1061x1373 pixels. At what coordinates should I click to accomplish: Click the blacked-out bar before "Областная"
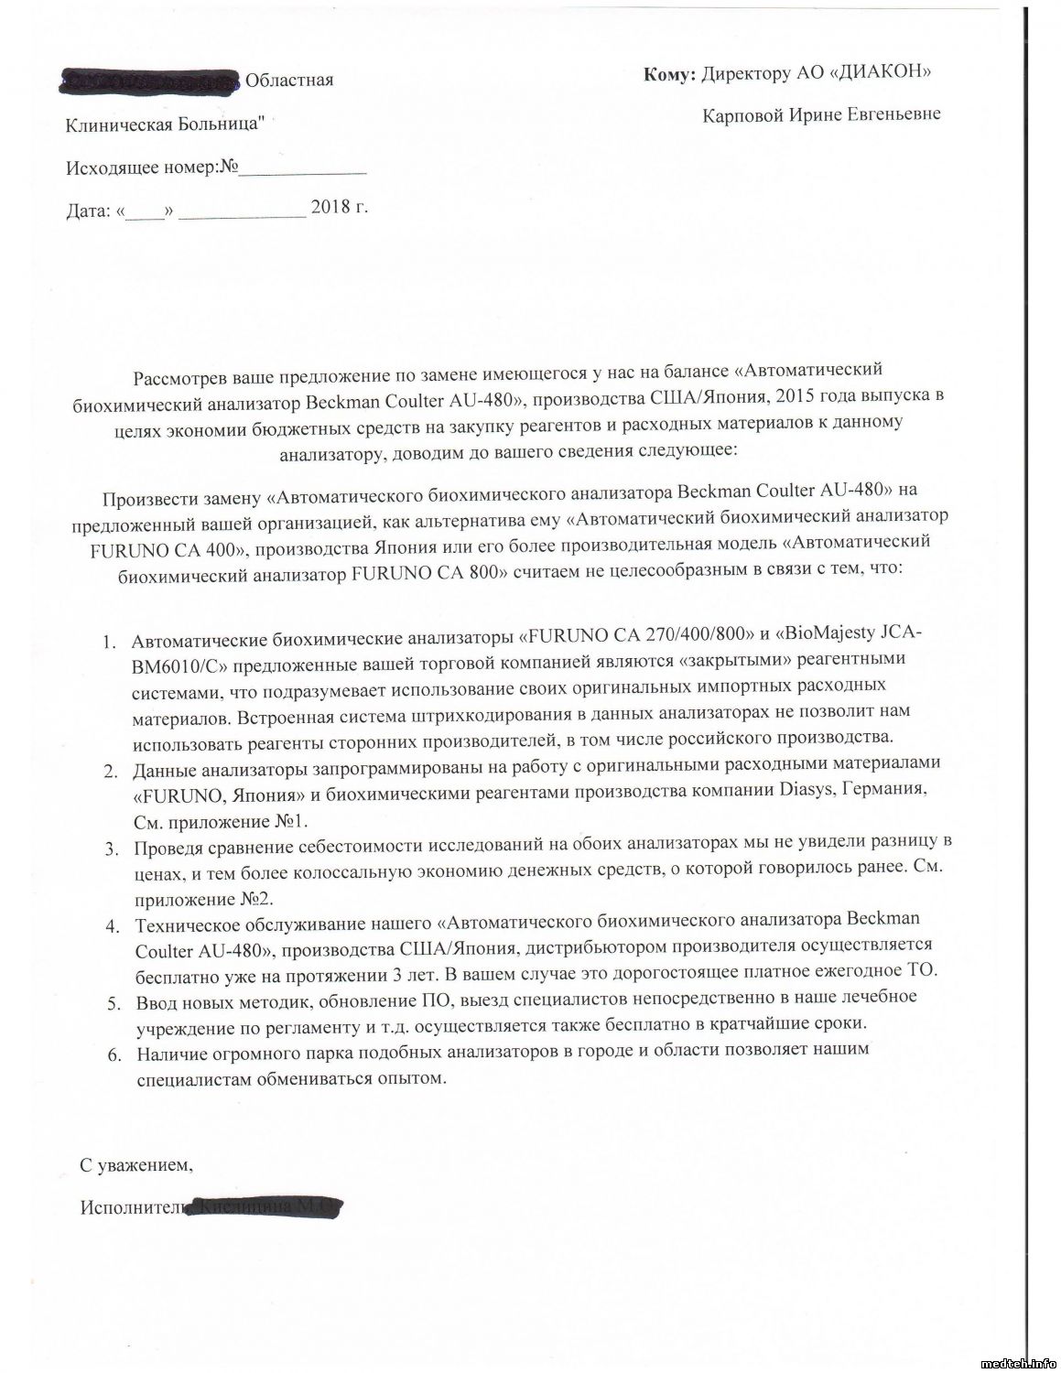(150, 81)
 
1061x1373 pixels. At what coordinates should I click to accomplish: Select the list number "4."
(113, 925)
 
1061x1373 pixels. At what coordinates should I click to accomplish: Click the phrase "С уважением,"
(136, 1166)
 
